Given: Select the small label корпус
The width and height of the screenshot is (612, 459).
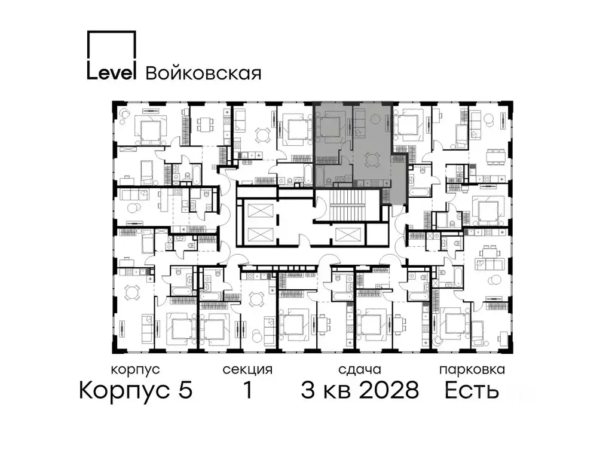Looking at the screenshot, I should click(x=136, y=369).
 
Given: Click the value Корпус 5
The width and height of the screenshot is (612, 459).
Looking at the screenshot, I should click(x=136, y=391).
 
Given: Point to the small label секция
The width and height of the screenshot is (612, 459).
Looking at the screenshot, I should click(x=247, y=369).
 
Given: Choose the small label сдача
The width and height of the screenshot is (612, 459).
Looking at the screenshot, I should click(x=359, y=369).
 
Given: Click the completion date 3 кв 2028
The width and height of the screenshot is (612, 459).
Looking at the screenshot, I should click(x=359, y=391).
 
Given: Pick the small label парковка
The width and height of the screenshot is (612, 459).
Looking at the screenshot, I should click(x=472, y=369).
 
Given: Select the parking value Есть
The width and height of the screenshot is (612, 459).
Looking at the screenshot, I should click(x=472, y=391).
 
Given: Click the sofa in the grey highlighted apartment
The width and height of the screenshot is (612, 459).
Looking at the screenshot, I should click(x=360, y=126).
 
